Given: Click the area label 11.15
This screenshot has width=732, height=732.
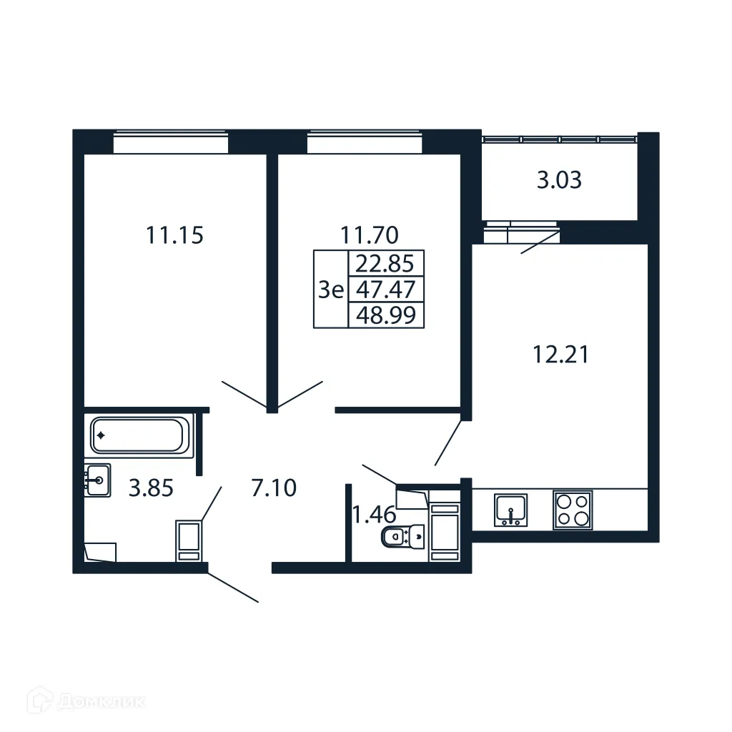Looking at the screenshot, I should pyautogui.click(x=175, y=234).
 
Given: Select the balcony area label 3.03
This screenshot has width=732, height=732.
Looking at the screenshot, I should pyautogui.click(x=559, y=180).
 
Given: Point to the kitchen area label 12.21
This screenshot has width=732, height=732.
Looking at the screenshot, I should pyautogui.click(x=560, y=354).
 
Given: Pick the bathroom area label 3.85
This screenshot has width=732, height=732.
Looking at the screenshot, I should pyautogui.click(x=151, y=488).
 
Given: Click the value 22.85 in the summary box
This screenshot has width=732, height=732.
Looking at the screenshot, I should pyautogui.click(x=385, y=264).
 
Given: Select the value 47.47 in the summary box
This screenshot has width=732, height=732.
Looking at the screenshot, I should pyautogui.click(x=385, y=290).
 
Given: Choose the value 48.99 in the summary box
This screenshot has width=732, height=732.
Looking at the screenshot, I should pyautogui.click(x=385, y=315).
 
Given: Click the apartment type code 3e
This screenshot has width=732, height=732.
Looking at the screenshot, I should pyautogui.click(x=331, y=290).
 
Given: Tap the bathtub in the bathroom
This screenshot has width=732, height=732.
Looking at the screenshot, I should pyautogui.click(x=139, y=435).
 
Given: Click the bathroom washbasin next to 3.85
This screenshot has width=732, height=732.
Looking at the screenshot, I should pyautogui.click(x=97, y=480).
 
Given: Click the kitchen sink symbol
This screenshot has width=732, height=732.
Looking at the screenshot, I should pyautogui.click(x=511, y=510).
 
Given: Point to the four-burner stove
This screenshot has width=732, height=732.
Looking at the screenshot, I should pyautogui.click(x=573, y=510).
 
